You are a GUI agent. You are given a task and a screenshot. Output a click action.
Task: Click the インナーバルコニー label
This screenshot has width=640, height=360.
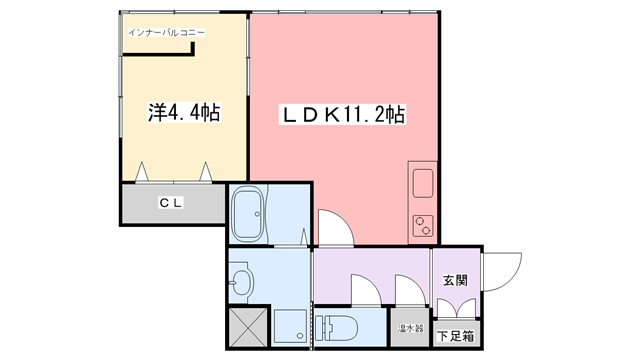pos(167,33)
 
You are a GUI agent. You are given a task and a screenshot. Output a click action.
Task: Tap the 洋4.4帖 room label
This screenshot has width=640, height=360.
pos(184,113)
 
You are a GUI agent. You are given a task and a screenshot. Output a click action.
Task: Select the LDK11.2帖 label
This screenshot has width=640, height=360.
pos(342,115)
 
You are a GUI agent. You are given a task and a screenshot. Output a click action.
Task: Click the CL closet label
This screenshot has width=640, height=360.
pos(171,202)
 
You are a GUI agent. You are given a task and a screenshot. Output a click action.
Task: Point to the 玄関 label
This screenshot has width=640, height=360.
pos(455,280)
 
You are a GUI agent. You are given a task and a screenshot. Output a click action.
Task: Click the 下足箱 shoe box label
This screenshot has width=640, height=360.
pos(456,336)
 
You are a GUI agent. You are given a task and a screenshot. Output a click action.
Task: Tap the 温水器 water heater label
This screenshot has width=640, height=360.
pos(410,328)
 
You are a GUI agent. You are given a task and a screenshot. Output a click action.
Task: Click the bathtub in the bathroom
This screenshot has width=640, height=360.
pos(247,213)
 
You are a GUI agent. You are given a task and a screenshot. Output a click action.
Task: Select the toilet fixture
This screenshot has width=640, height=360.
pos(336,328)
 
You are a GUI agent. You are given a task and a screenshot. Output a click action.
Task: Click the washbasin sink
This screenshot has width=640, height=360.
pos(241,282)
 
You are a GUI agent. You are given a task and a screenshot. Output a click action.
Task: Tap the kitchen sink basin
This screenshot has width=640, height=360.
pos(423,183)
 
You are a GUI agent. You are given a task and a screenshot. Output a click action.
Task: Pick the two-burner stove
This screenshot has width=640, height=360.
pos(423,225)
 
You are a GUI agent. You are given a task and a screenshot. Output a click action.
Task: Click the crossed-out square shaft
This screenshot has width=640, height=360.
pos(248,327)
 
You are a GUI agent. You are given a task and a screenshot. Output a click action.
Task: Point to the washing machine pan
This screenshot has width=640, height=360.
pos(290,326)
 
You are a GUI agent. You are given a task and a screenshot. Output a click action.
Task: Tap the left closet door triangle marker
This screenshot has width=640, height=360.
pos(142,172)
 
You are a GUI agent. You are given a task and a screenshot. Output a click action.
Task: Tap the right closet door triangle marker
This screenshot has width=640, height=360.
pos(206,172)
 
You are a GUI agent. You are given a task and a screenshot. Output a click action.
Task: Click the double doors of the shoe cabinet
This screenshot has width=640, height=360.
pos(456,308)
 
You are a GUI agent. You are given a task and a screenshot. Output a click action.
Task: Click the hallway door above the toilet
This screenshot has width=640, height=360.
pos(366,290)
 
